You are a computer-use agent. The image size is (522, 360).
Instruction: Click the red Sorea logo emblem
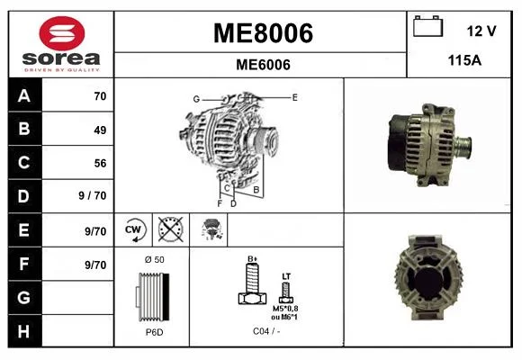coord(62,33)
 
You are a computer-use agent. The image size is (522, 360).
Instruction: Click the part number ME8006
coord(263,33)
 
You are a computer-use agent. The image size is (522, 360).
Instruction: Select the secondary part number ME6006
coord(263,65)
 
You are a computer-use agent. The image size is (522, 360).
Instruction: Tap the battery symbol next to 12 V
coord(427,26)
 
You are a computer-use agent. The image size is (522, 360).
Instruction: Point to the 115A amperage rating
coord(464,60)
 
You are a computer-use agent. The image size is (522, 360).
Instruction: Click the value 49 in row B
coord(100,130)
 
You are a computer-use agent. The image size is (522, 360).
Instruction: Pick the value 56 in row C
coord(100,163)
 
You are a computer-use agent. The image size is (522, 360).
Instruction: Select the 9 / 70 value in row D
coord(93,195)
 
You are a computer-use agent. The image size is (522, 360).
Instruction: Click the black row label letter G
coord(24,298)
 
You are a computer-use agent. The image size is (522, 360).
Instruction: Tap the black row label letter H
coord(23,332)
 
